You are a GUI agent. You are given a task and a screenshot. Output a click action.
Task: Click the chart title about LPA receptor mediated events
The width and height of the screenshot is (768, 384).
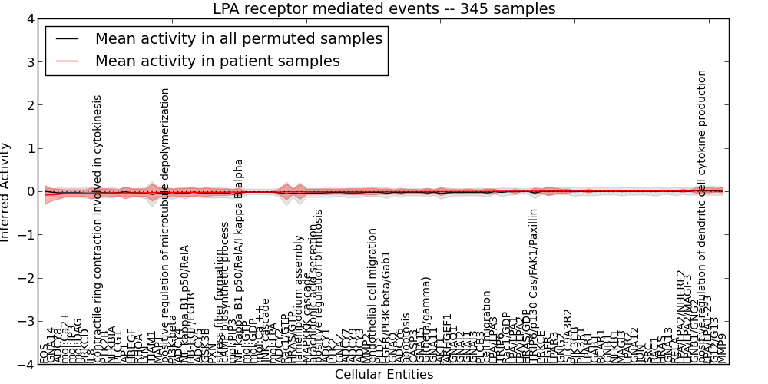[383, 9]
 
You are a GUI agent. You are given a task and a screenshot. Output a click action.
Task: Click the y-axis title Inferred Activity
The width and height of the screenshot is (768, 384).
[6, 192]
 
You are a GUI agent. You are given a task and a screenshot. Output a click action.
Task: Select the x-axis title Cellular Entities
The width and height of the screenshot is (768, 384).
[383, 375]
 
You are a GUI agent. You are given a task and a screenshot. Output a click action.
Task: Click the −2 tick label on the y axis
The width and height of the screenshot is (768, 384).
[25, 279]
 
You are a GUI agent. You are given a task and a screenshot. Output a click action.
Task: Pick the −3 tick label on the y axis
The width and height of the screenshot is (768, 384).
[25, 322]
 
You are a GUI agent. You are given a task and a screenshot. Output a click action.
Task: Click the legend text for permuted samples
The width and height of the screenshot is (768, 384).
[238, 38]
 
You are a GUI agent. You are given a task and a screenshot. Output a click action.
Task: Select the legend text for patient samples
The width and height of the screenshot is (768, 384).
[217, 61]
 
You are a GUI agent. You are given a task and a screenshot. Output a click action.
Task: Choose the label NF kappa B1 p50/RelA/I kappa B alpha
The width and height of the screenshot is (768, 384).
[239, 261]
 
